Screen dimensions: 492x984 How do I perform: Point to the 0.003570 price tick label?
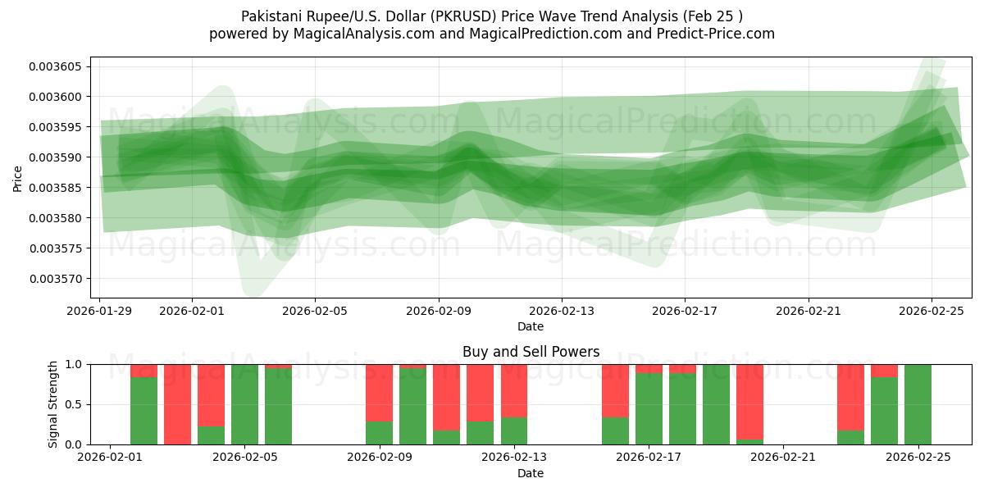57,279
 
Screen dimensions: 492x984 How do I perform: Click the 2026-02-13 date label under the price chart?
562,311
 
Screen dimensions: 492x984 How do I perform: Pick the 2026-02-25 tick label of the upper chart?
932,311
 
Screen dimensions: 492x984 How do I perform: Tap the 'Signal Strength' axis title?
53,404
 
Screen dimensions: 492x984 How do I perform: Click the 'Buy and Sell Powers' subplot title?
531,352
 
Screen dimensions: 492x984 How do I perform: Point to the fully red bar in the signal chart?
177,404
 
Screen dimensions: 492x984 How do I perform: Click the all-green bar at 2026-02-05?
244,404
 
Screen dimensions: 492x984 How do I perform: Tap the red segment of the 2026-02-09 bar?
379,392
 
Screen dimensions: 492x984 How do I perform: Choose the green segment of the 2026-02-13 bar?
514,431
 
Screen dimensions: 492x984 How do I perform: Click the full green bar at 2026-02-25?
918,404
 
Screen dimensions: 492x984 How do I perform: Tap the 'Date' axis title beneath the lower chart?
531,473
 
